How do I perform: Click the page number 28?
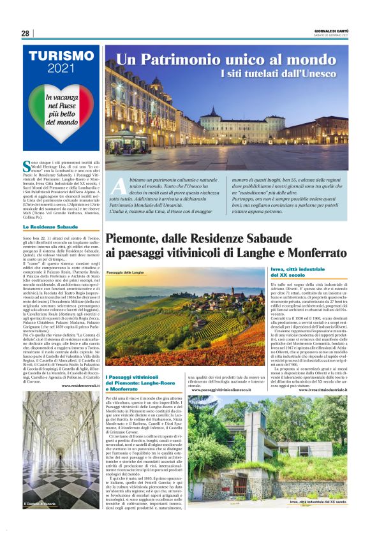pyautogui.click(x=25, y=33)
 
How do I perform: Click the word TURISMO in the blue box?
pyautogui.click(x=61, y=55)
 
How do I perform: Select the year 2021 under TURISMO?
pyautogui.click(x=61, y=68)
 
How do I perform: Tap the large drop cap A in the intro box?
pyautogui.click(x=119, y=186)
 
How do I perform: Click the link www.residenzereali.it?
pyautogui.click(x=80, y=386)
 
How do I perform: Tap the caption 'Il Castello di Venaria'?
pyautogui.click(x=41, y=504)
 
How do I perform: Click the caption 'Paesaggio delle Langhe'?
pyautogui.click(x=126, y=272)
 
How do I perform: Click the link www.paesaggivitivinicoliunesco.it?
pyautogui.click(x=223, y=389)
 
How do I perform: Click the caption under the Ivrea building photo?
pyautogui.click(x=317, y=503)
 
